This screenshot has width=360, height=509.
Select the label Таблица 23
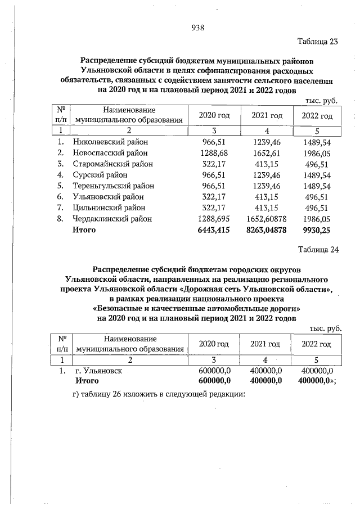pos(318,42)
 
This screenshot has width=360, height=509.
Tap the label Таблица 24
pos(318,250)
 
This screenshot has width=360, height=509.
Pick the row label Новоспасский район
pos(110,153)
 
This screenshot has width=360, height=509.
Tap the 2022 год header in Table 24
pos(317,344)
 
